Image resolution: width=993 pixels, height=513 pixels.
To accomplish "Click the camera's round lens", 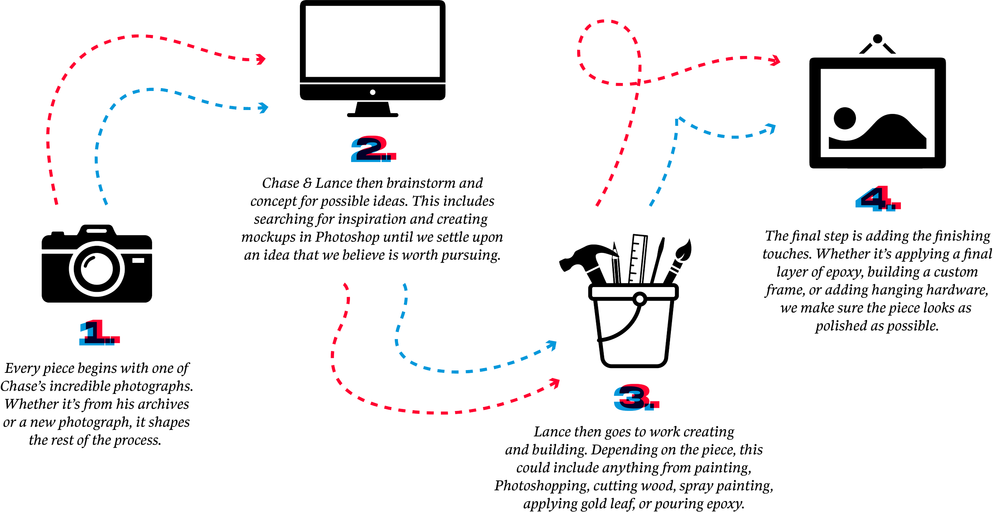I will click(x=97, y=269).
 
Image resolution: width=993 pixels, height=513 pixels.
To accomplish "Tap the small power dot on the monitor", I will click(x=373, y=93).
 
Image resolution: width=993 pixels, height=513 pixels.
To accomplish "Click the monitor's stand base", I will click(x=373, y=115).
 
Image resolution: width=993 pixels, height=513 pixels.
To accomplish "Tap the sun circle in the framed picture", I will click(x=844, y=118).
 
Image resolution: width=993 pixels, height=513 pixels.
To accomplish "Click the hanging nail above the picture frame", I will click(x=877, y=39).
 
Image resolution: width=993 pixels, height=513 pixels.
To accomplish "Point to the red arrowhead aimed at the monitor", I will click(x=261, y=59).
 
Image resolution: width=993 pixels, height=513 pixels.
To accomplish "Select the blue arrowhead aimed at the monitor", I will click(x=263, y=108).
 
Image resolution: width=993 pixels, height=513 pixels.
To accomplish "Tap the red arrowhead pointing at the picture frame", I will click(x=775, y=60).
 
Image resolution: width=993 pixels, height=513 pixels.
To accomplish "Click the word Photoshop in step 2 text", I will click(x=348, y=237).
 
